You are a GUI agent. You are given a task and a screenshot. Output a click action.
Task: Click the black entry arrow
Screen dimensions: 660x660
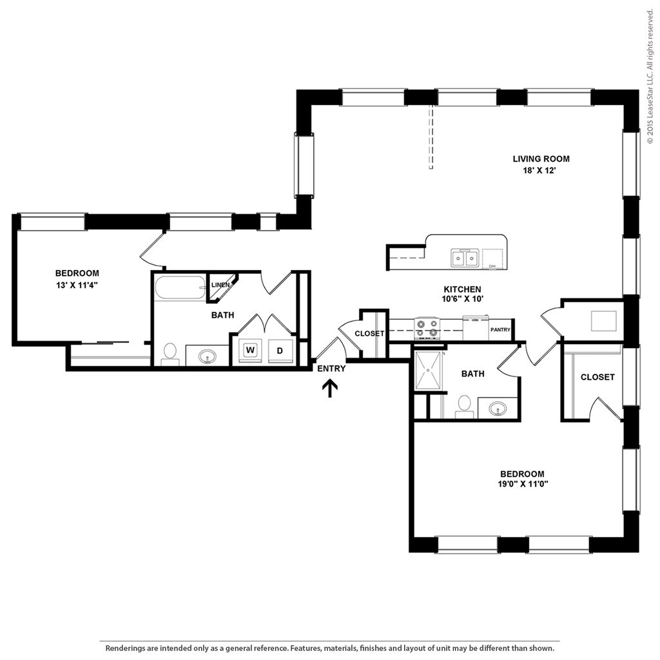(330, 389)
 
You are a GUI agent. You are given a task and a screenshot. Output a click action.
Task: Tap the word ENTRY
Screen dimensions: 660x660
(331, 369)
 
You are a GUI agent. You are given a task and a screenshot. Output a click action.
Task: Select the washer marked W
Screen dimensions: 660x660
(250, 350)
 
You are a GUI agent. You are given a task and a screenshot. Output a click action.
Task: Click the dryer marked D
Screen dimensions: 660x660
(280, 351)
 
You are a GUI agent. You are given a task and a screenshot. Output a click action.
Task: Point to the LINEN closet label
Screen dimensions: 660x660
(220, 285)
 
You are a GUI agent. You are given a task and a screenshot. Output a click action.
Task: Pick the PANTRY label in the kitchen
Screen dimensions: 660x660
(500, 329)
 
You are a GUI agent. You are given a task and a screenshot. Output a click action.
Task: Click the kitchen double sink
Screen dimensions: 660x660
(465, 258)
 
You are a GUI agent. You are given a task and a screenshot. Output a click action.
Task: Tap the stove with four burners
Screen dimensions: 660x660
(427, 328)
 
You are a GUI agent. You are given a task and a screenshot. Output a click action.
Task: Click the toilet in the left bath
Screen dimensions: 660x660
(170, 354)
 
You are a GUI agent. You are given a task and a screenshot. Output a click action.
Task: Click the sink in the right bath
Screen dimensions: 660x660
(498, 408)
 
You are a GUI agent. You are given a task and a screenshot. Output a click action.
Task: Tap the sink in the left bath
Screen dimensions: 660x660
(207, 357)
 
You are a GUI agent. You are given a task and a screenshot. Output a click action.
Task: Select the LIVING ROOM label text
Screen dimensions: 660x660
(541, 159)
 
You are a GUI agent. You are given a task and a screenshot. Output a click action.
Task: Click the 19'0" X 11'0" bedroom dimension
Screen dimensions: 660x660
(523, 484)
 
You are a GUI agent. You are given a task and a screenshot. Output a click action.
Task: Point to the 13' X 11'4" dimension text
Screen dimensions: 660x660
(77, 285)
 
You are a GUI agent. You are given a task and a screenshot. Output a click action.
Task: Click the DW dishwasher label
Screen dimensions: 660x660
(492, 266)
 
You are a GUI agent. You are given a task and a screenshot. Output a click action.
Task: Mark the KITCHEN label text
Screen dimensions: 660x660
(462, 289)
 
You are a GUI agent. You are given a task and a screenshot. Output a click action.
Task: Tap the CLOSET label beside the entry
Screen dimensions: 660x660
(369, 333)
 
